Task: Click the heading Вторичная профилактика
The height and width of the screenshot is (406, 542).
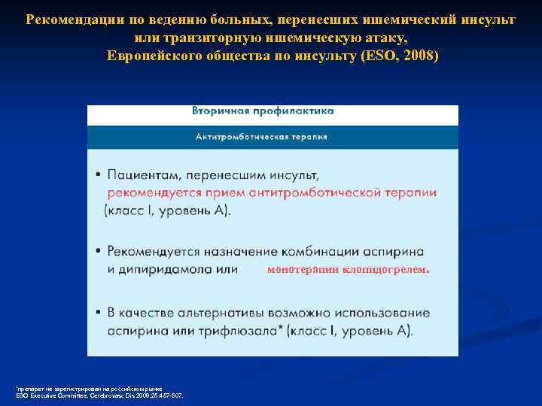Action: click(x=263, y=111)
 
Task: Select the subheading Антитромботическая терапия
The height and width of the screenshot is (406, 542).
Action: click(x=261, y=137)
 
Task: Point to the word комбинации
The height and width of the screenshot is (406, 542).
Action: click(x=320, y=251)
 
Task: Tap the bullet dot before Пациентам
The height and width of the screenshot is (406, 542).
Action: click(x=98, y=176)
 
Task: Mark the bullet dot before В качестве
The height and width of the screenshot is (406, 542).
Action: click(x=98, y=313)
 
